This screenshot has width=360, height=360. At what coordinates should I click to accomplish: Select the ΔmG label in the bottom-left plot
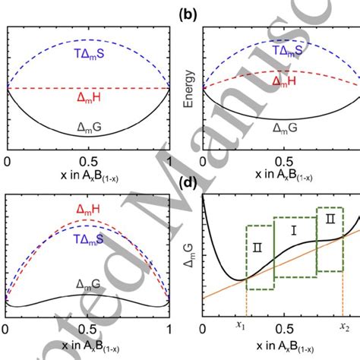(x=89, y=283)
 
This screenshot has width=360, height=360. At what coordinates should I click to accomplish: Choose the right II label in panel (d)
(x=328, y=217)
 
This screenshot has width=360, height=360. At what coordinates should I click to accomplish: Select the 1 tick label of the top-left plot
(x=168, y=162)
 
